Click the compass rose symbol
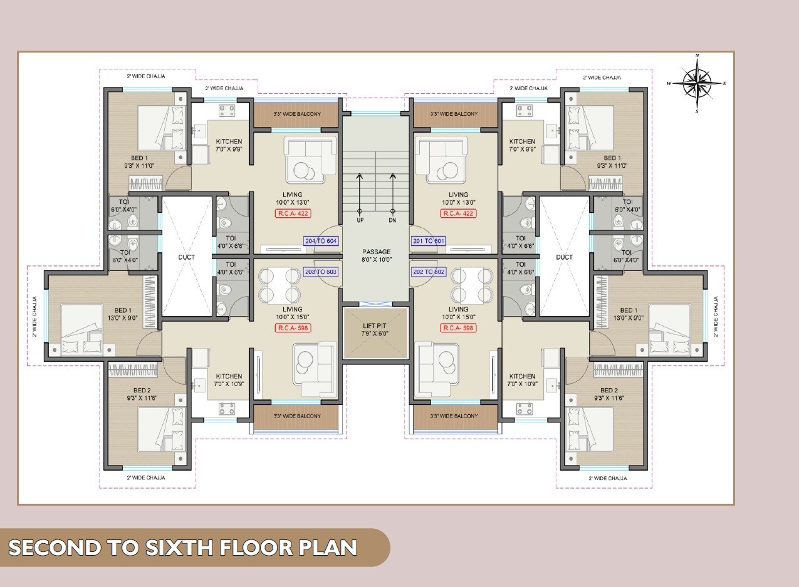click(x=697, y=83)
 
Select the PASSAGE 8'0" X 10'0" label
click(x=376, y=255)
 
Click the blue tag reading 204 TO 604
click(x=320, y=241)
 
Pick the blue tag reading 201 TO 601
click(x=429, y=241)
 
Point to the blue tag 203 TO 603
click(x=320, y=272)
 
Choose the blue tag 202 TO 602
click(x=429, y=272)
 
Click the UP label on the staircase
click(x=360, y=221)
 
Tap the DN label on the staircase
click(x=393, y=221)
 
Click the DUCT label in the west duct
click(x=186, y=257)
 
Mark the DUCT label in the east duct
click(x=564, y=257)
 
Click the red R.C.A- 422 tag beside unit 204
click(x=293, y=213)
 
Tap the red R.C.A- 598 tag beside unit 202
click(x=459, y=328)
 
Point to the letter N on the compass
click(x=697, y=56)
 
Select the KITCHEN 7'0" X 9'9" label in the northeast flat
click(x=522, y=145)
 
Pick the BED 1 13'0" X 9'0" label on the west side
click(x=123, y=314)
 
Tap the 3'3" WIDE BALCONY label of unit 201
click(x=454, y=114)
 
